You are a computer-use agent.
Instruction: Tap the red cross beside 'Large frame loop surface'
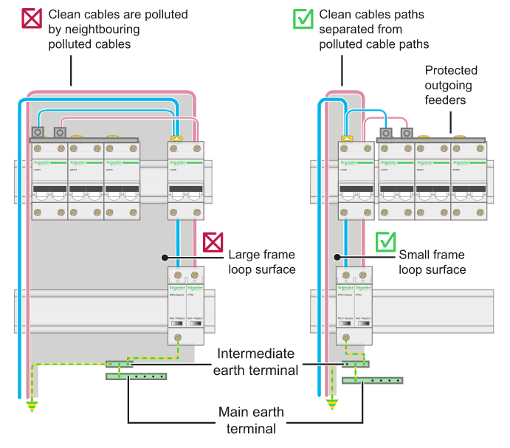[213, 242]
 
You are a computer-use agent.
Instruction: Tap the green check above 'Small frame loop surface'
[386, 242]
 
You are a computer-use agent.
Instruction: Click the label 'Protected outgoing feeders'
[451, 85]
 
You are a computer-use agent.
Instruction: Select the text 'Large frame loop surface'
[262, 262]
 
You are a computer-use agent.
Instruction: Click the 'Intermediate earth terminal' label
[256, 361]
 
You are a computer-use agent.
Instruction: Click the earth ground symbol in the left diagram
[31, 405]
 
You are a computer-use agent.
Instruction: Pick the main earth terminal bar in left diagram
[137, 376]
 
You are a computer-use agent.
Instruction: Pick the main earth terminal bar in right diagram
[373, 381]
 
